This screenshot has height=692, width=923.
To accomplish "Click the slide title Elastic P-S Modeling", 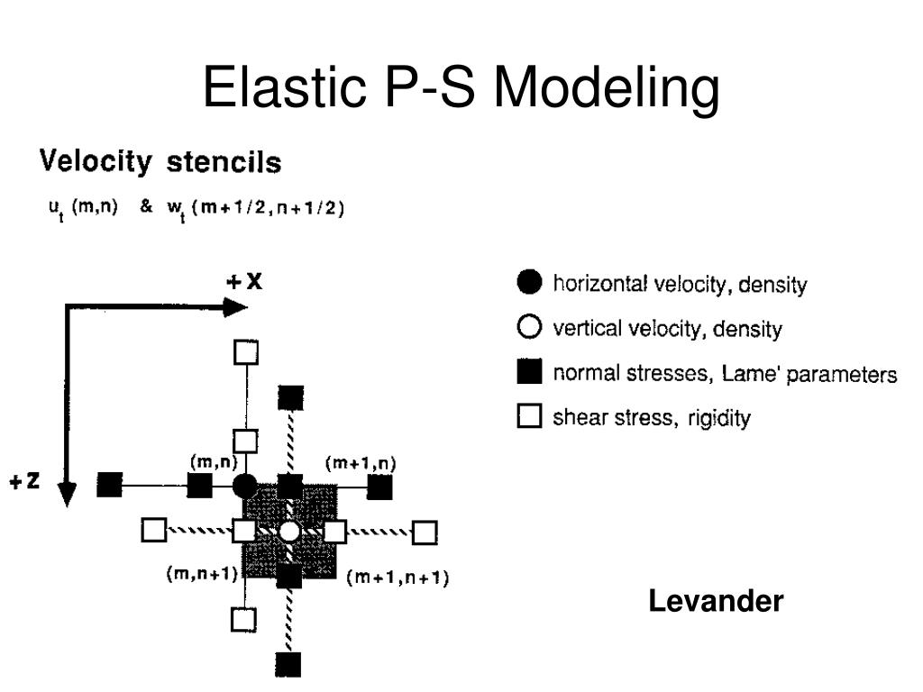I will pyautogui.click(x=461, y=89).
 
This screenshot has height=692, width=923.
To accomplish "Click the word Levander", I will pyautogui.click(x=716, y=601).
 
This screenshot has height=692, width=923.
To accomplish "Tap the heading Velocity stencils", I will pyautogui.click(x=160, y=163).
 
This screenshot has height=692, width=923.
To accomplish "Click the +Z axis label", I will pyautogui.click(x=24, y=481).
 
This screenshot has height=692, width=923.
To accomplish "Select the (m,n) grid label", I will pyautogui.click(x=213, y=461).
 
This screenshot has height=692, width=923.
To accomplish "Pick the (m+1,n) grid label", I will pyautogui.click(x=361, y=463).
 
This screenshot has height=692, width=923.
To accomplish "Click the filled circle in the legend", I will pyautogui.click(x=529, y=283).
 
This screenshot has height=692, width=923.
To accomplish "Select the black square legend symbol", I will pyautogui.click(x=529, y=371).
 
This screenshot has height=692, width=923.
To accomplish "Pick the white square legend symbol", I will pyautogui.click(x=529, y=416).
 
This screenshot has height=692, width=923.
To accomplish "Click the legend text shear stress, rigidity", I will pyautogui.click(x=651, y=417).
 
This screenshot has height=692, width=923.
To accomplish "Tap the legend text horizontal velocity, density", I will pyautogui.click(x=680, y=285).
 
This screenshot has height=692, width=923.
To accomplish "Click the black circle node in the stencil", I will pyautogui.click(x=245, y=487).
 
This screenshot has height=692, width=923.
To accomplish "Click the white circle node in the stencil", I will pyautogui.click(x=289, y=532).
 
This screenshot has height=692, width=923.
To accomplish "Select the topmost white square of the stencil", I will pyautogui.click(x=246, y=351).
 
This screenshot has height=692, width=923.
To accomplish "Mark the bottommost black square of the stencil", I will pyautogui.click(x=288, y=665).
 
